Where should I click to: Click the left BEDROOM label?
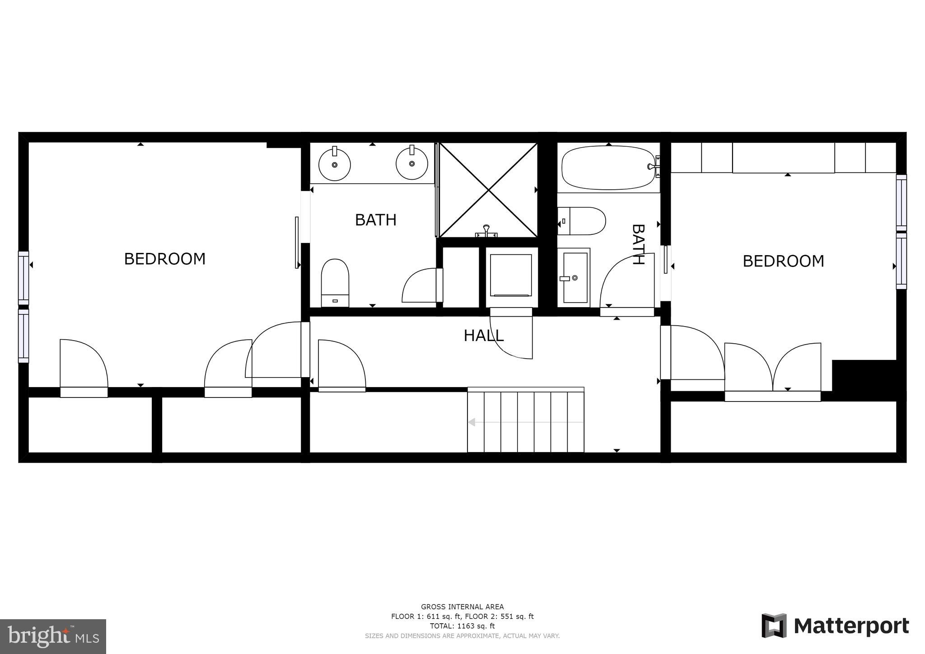(164, 259)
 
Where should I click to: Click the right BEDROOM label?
(783, 261)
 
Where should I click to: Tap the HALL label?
(483, 336)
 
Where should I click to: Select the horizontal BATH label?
(375, 220)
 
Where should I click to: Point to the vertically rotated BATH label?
(637, 244)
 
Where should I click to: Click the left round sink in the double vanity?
(335, 164)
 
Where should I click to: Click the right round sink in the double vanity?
(412, 163)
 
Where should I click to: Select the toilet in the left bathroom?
(335, 283)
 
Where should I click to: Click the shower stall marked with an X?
(488, 190)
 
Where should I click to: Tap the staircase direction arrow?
(472, 422)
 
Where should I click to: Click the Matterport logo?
(835, 626)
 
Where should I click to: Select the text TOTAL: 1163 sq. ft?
(462, 626)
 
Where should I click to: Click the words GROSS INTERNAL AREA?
(462, 607)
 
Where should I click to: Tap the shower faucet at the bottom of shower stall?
(486, 231)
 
